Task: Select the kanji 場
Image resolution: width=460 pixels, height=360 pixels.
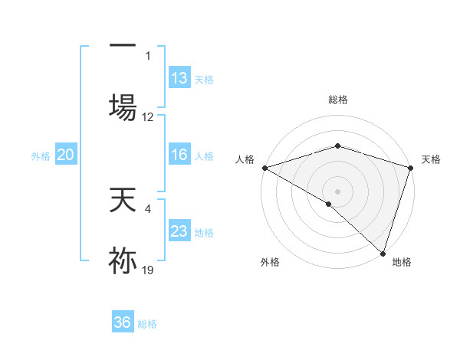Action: click(123, 106)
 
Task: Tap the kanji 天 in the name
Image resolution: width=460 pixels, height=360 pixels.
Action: click(123, 201)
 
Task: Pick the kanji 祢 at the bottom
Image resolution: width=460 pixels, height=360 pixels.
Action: click(123, 260)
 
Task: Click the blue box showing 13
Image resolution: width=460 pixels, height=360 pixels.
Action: click(179, 78)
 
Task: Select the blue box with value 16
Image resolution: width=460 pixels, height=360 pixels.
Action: click(179, 155)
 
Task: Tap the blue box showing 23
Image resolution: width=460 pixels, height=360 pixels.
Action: click(179, 231)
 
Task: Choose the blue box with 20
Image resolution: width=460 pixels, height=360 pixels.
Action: click(66, 155)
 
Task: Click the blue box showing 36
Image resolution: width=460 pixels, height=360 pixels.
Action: click(123, 322)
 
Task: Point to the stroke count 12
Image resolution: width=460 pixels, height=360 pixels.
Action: click(148, 117)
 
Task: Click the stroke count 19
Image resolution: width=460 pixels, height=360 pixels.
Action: click(148, 270)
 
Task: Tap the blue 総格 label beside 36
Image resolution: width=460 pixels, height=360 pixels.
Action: click(147, 324)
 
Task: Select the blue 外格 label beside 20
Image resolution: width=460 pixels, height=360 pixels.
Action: click(41, 156)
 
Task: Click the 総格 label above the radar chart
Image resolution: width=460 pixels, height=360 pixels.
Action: click(338, 100)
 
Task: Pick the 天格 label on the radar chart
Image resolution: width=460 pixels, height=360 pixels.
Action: click(431, 159)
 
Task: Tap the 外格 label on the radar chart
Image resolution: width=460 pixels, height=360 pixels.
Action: click(270, 262)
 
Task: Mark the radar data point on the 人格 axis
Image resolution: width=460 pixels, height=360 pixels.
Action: click(264, 168)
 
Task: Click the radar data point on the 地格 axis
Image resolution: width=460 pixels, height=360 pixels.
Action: click(383, 253)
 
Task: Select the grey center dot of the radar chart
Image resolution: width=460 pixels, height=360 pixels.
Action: click(338, 191)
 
